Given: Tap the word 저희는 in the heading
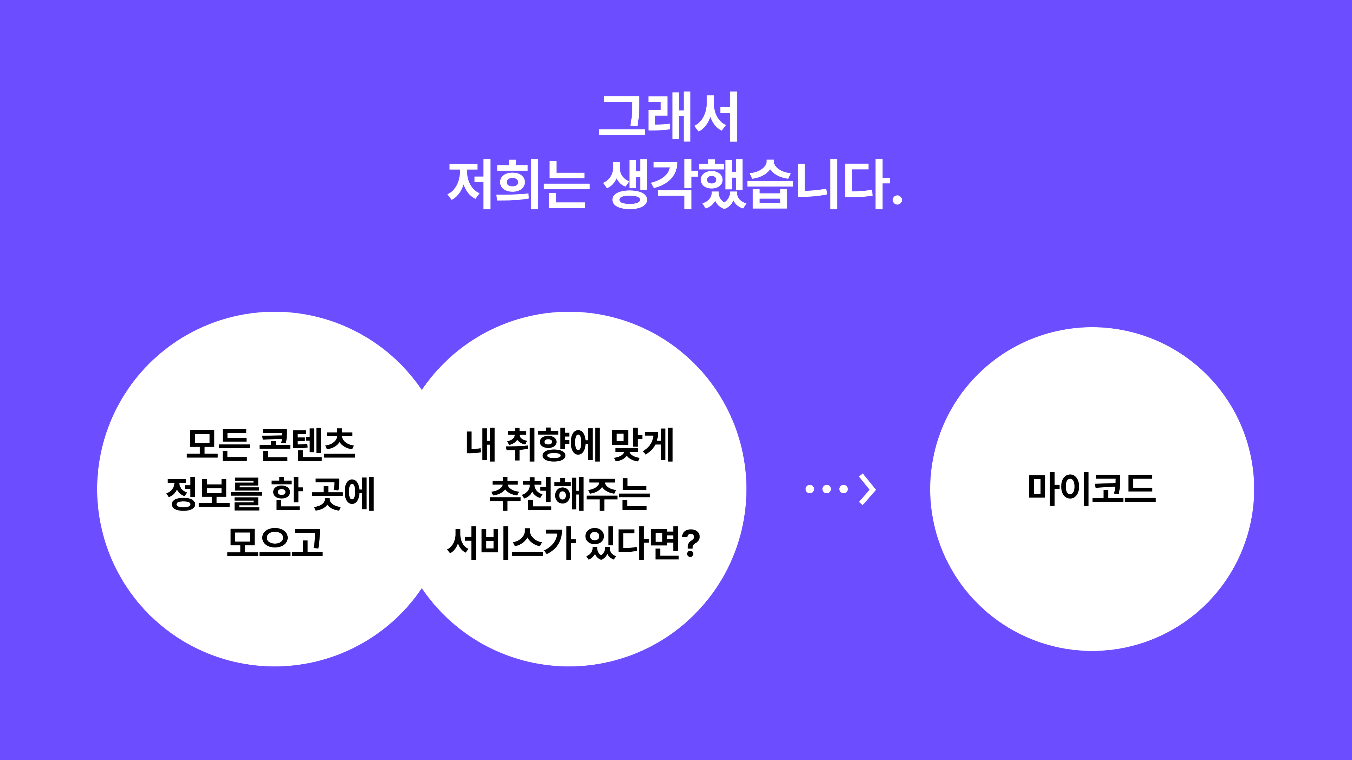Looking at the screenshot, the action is point(517,185).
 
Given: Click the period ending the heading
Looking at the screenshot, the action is point(897,200).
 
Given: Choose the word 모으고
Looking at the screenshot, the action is point(275,542).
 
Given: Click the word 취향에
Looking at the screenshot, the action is point(553,445).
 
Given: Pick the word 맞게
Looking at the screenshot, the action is point(643,445).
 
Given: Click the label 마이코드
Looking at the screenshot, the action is point(1092,489).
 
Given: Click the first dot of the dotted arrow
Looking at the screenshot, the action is point(810,489).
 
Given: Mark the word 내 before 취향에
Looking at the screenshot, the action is point(480,445).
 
